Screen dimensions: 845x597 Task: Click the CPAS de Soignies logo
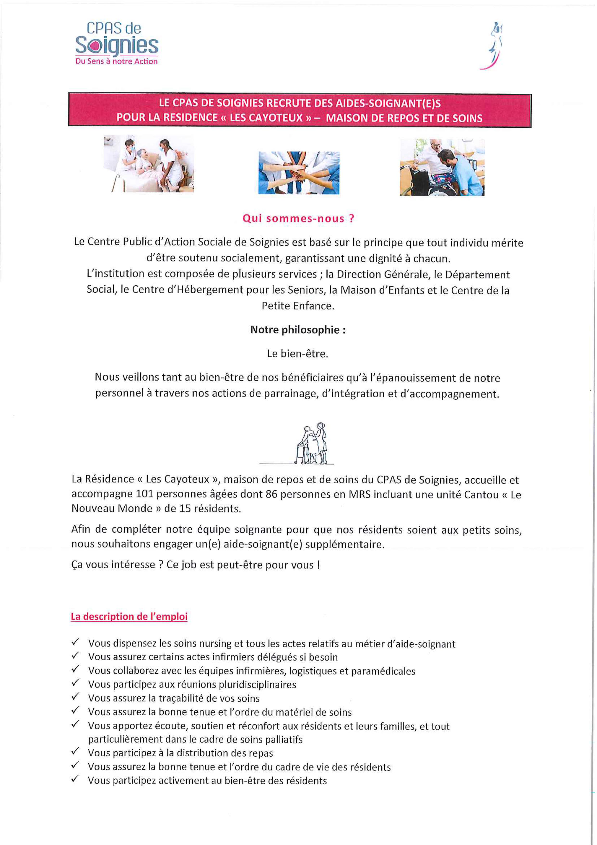click(x=117, y=43)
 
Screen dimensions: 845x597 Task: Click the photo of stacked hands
click(x=299, y=173)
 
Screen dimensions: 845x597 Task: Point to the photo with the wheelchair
click(x=442, y=167)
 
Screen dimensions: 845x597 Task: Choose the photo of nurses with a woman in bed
click(x=149, y=164)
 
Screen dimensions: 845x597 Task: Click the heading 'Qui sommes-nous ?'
click(x=298, y=219)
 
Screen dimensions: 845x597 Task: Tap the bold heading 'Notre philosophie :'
click(x=298, y=330)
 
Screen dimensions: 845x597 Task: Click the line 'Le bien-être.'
click(x=298, y=354)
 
